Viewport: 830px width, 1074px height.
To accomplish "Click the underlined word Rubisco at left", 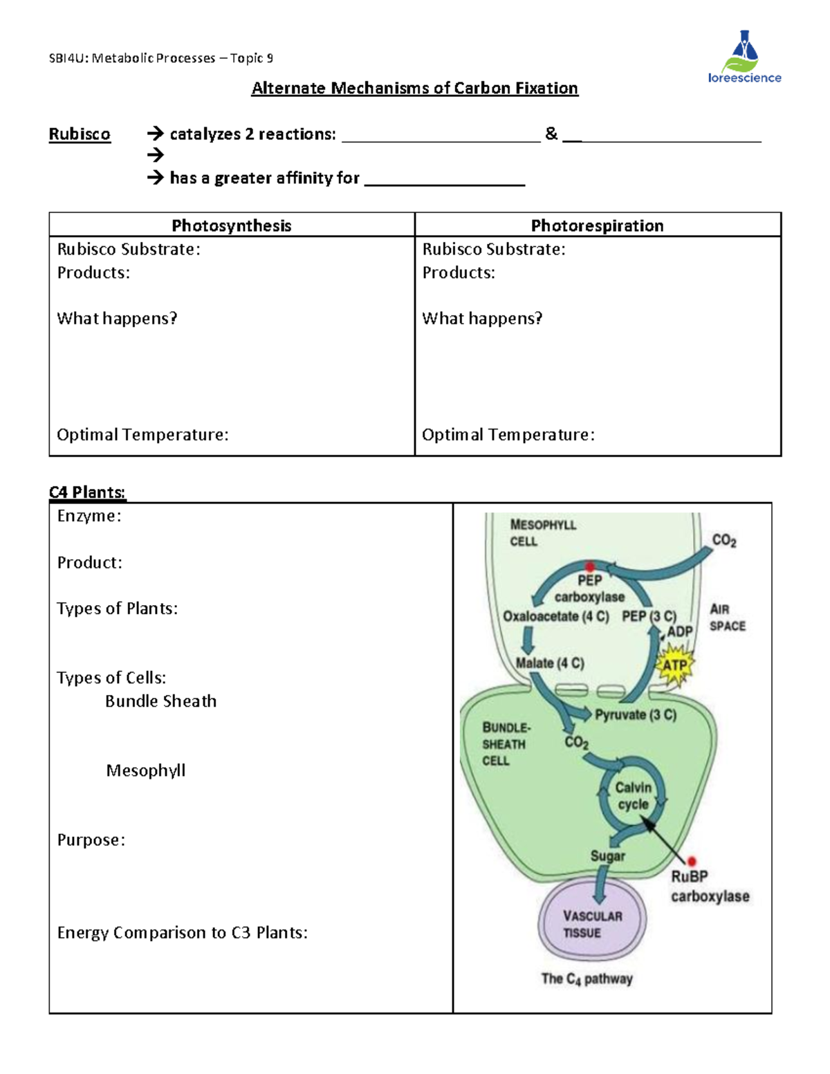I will [80, 134].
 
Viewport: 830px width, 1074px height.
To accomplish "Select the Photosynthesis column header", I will [232, 225].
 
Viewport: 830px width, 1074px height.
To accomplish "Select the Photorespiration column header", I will [597, 225].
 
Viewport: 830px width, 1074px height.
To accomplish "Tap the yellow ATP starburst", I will [674, 665].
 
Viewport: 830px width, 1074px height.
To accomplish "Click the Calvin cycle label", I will [633, 796].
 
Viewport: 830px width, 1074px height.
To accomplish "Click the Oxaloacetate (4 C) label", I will [556, 616].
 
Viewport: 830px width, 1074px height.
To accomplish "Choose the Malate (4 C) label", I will [550, 663].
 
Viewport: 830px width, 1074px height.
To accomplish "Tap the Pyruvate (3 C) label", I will [636, 714].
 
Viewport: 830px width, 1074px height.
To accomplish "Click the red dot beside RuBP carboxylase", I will [691, 861].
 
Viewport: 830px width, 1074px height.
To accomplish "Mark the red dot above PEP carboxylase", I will [589, 566].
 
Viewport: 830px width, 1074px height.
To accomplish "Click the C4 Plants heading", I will [87, 492].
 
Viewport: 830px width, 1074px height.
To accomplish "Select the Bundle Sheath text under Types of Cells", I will [160, 701].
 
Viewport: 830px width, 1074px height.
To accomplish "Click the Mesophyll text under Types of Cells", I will [146, 770].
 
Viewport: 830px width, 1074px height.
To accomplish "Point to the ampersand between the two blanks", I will [551, 134].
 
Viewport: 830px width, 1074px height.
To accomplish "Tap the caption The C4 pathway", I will [587, 979].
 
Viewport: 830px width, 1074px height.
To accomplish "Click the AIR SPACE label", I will [728, 618].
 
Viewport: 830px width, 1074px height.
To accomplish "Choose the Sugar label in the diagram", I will [607, 856].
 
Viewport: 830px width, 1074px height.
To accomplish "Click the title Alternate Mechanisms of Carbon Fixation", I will [414, 89].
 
